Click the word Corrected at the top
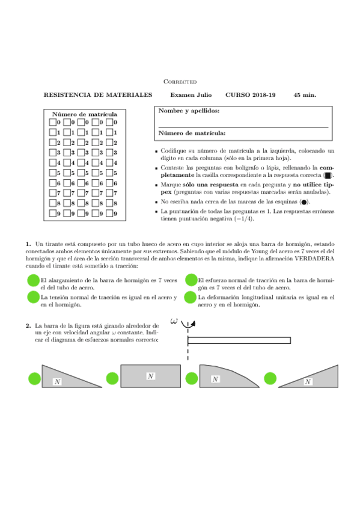click(180, 82)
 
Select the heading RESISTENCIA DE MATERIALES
click(98, 95)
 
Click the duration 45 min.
click(305, 95)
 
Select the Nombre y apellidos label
click(189, 111)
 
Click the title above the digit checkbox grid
click(85, 114)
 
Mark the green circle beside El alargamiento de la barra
click(34, 280)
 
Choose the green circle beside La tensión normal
click(34, 297)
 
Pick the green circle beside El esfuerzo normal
click(191, 280)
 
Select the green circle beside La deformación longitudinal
click(191, 297)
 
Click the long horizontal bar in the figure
click(239, 340)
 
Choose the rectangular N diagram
click(151, 376)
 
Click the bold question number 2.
click(28, 325)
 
